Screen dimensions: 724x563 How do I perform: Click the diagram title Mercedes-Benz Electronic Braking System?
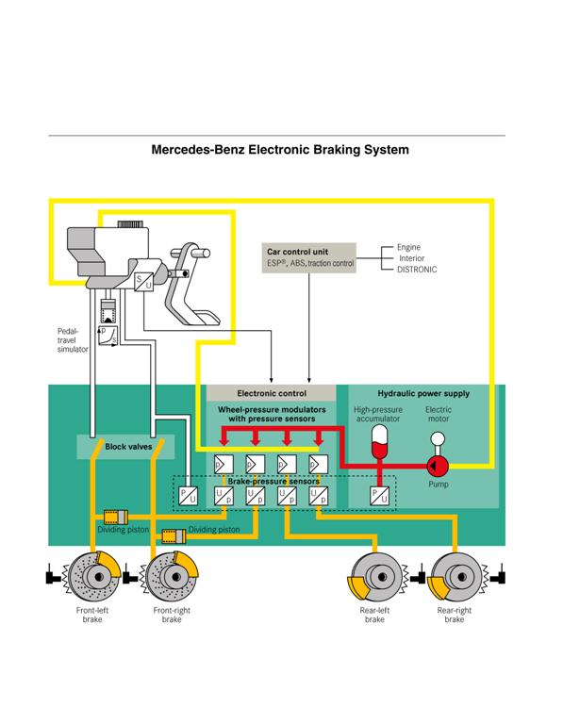(280, 149)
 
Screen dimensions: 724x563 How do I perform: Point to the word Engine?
(407, 245)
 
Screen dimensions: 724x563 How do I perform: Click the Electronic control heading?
(271, 392)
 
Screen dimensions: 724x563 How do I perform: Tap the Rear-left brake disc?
(373, 576)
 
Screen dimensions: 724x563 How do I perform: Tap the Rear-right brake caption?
(454, 616)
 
